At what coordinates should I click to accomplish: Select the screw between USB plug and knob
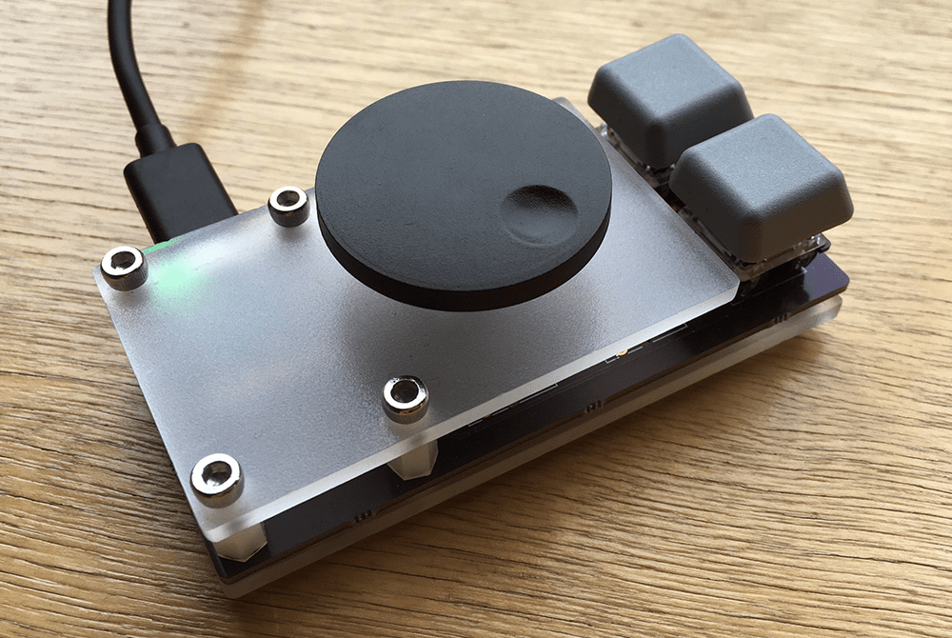(x=288, y=205)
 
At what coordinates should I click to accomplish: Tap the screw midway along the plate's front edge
(x=406, y=397)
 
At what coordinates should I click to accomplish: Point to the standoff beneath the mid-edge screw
(x=411, y=462)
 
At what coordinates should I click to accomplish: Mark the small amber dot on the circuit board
(x=621, y=353)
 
